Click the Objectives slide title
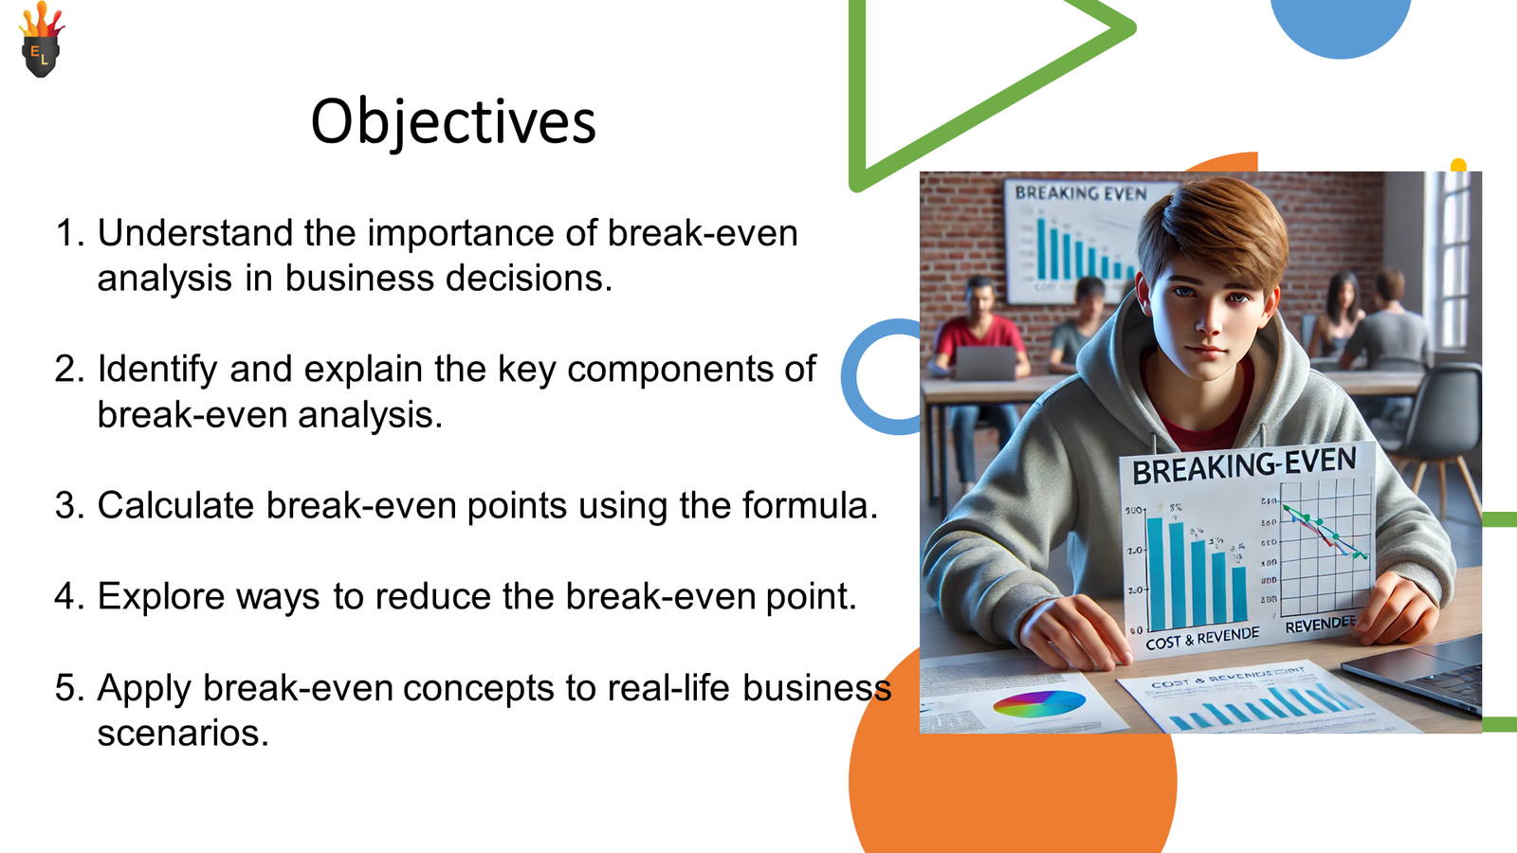(453, 122)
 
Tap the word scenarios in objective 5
(182, 733)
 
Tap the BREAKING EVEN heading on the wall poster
(1081, 193)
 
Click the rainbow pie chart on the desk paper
(1039, 704)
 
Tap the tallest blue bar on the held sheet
(1155, 569)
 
